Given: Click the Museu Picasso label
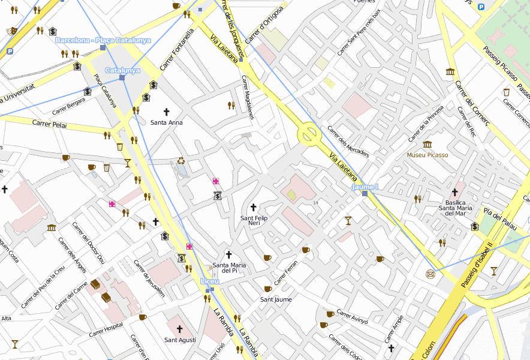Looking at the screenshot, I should pos(427,155).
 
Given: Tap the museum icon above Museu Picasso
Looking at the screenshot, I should pos(427,145).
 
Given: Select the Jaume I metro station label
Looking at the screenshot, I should pos(365,187).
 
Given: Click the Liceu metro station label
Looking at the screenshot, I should pos(210,281).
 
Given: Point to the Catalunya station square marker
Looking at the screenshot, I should pos(122,77).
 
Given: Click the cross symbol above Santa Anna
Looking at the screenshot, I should pos(167,112).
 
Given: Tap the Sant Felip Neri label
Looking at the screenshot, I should pos(254,220).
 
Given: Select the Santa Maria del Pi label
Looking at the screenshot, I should pos(229,268).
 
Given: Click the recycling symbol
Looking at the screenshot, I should pos(181,161).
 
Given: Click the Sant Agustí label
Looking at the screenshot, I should pos(180,340).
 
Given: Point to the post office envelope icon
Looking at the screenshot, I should pos(430,274).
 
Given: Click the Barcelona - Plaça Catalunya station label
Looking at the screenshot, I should pos(103,40).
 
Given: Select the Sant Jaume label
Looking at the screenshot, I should pos(275,299).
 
